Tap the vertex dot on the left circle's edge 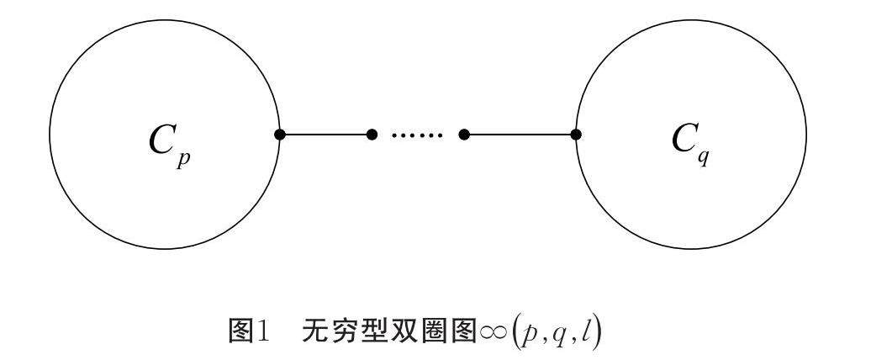click(280, 135)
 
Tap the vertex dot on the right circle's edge click(576, 135)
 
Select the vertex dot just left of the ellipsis click(372, 135)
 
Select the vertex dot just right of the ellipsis click(464, 135)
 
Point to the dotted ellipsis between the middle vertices click(418, 135)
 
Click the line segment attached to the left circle click(326, 135)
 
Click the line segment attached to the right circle click(520, 135)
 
